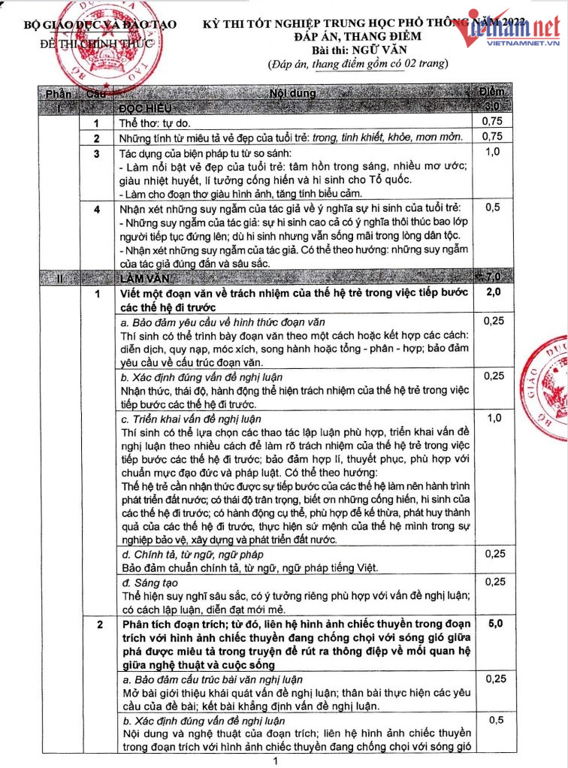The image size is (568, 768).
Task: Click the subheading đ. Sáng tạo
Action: click(146, 582)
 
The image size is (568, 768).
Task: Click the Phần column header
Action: click(59, 95)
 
